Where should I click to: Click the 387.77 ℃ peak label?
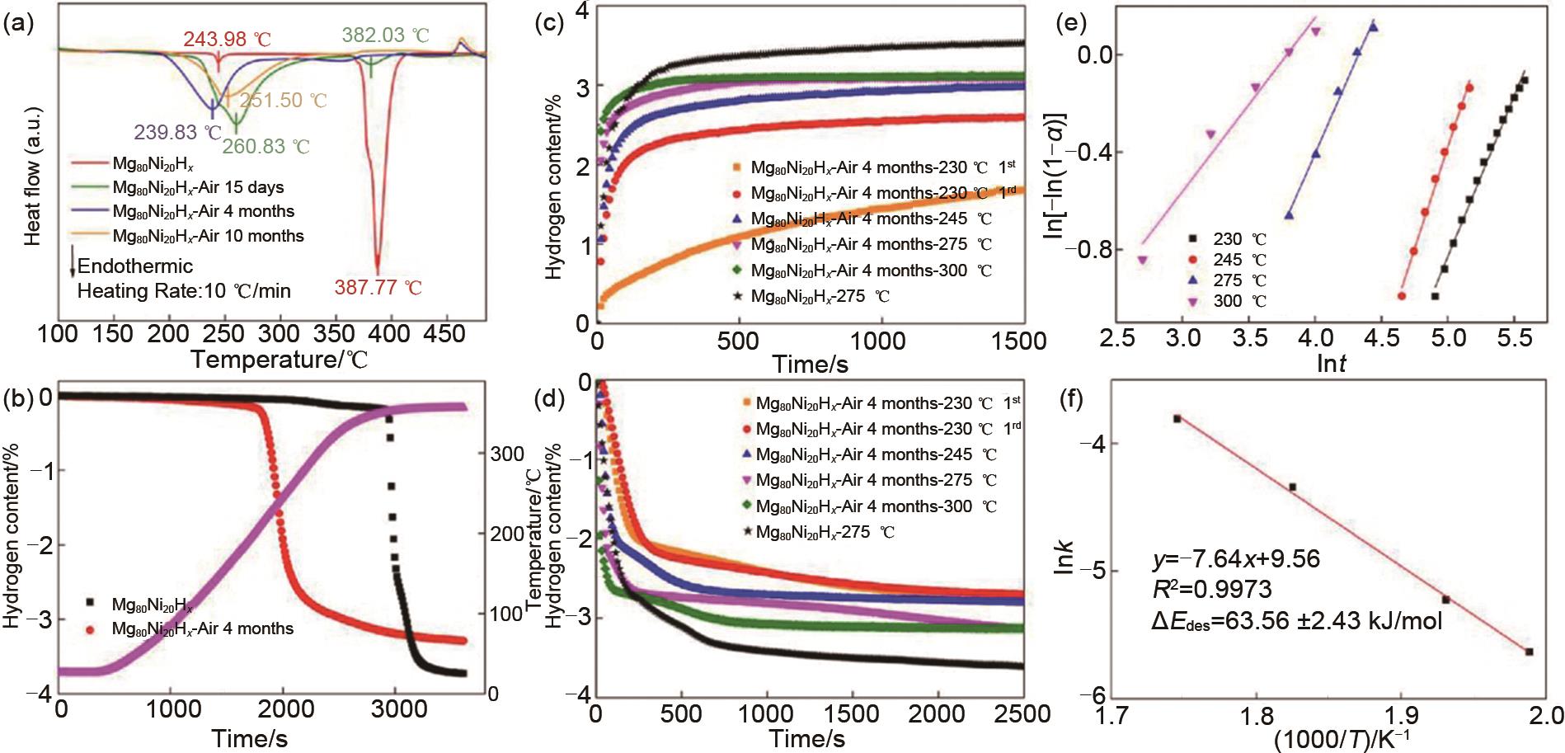[378, 288]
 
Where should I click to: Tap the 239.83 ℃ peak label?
[178, 132]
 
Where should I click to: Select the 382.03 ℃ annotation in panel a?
[385, 35]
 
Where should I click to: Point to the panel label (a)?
[18, 24]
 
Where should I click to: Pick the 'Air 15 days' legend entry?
[198, 187]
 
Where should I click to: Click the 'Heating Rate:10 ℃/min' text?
[184, 290]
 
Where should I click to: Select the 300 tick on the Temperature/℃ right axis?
[507, 454]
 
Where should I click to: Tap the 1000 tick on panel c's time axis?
[876, 340]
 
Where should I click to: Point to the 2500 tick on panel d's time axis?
[1022, 713]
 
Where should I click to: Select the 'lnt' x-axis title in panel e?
[1331, 363]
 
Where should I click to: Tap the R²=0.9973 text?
[1211, 589]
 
